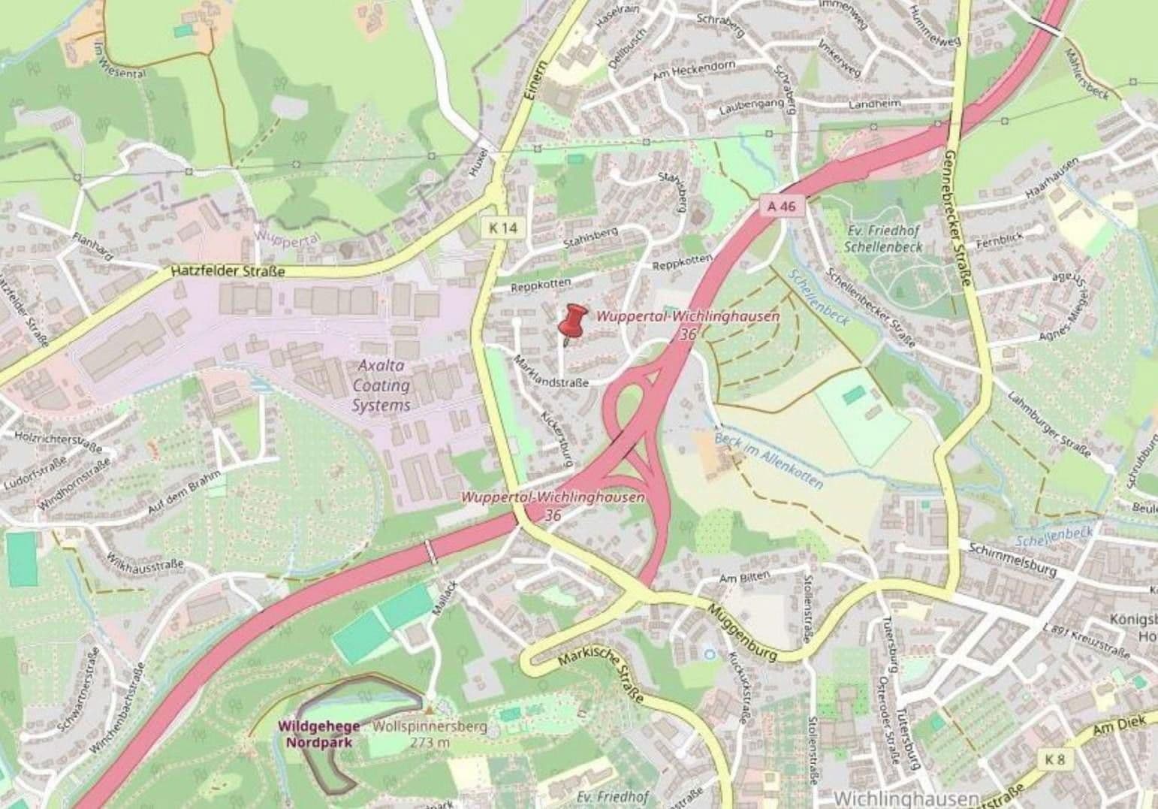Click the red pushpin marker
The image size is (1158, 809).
click(573, 321)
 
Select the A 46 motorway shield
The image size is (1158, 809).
click(781, 205)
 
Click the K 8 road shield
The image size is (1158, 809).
click(1055, 759)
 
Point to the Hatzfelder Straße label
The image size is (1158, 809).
click(228, 271)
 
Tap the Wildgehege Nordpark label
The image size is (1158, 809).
click(318, 734)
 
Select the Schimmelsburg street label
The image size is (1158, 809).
click(1012, 560)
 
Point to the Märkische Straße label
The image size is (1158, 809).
click(602, 676)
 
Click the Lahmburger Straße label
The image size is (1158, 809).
click(1049, 424)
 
